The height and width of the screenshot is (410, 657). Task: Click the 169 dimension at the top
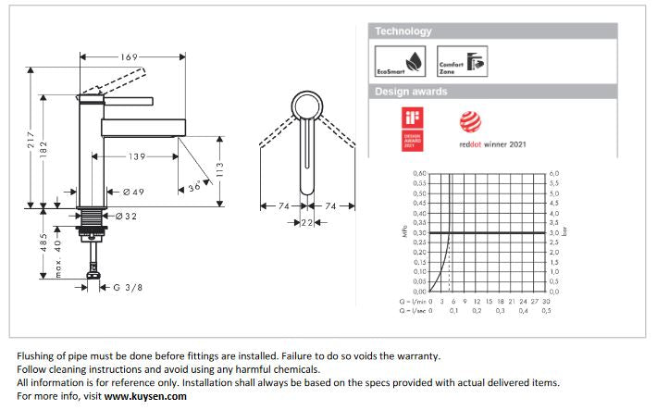pyautogui.click(x=129, y=57)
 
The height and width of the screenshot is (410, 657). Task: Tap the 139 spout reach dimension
pyautogui.click(x=137, y=157)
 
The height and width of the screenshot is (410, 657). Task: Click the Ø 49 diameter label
pyautogui.click(x=132, y=192)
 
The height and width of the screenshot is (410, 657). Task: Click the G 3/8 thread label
pyautogui.click(x=128, y=288)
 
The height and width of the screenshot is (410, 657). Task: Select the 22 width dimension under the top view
pyautogui.click(x=304, y=223)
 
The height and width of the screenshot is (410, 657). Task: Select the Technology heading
pyautogui.click(x=403, y=31)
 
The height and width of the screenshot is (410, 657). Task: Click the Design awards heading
pyautogui.click(x=411, y=92)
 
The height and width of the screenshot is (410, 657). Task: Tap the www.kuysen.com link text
pyautogui.click(x=145, y=396)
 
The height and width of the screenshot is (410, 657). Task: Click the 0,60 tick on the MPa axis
pyautogui.click(x=419, y=173)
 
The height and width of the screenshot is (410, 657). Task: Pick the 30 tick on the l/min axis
pyautogui.click(x=547, y=301)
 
